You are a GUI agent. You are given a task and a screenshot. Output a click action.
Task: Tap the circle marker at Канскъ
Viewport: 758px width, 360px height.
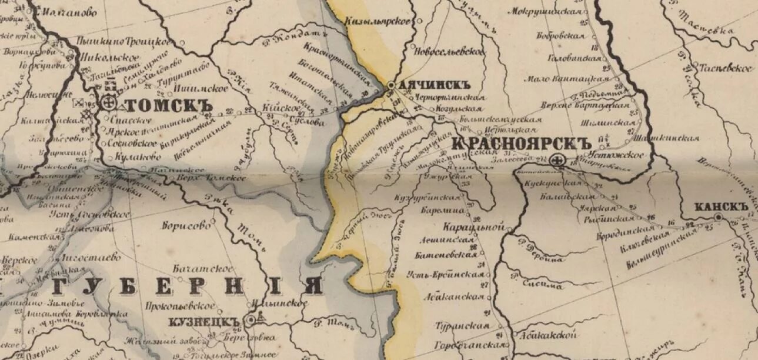coord(718,218)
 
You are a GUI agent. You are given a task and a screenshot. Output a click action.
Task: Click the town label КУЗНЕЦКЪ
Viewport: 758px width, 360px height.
coord(205,322)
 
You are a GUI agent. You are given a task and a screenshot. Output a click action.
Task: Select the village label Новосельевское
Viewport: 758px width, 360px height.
coord(450,52)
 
